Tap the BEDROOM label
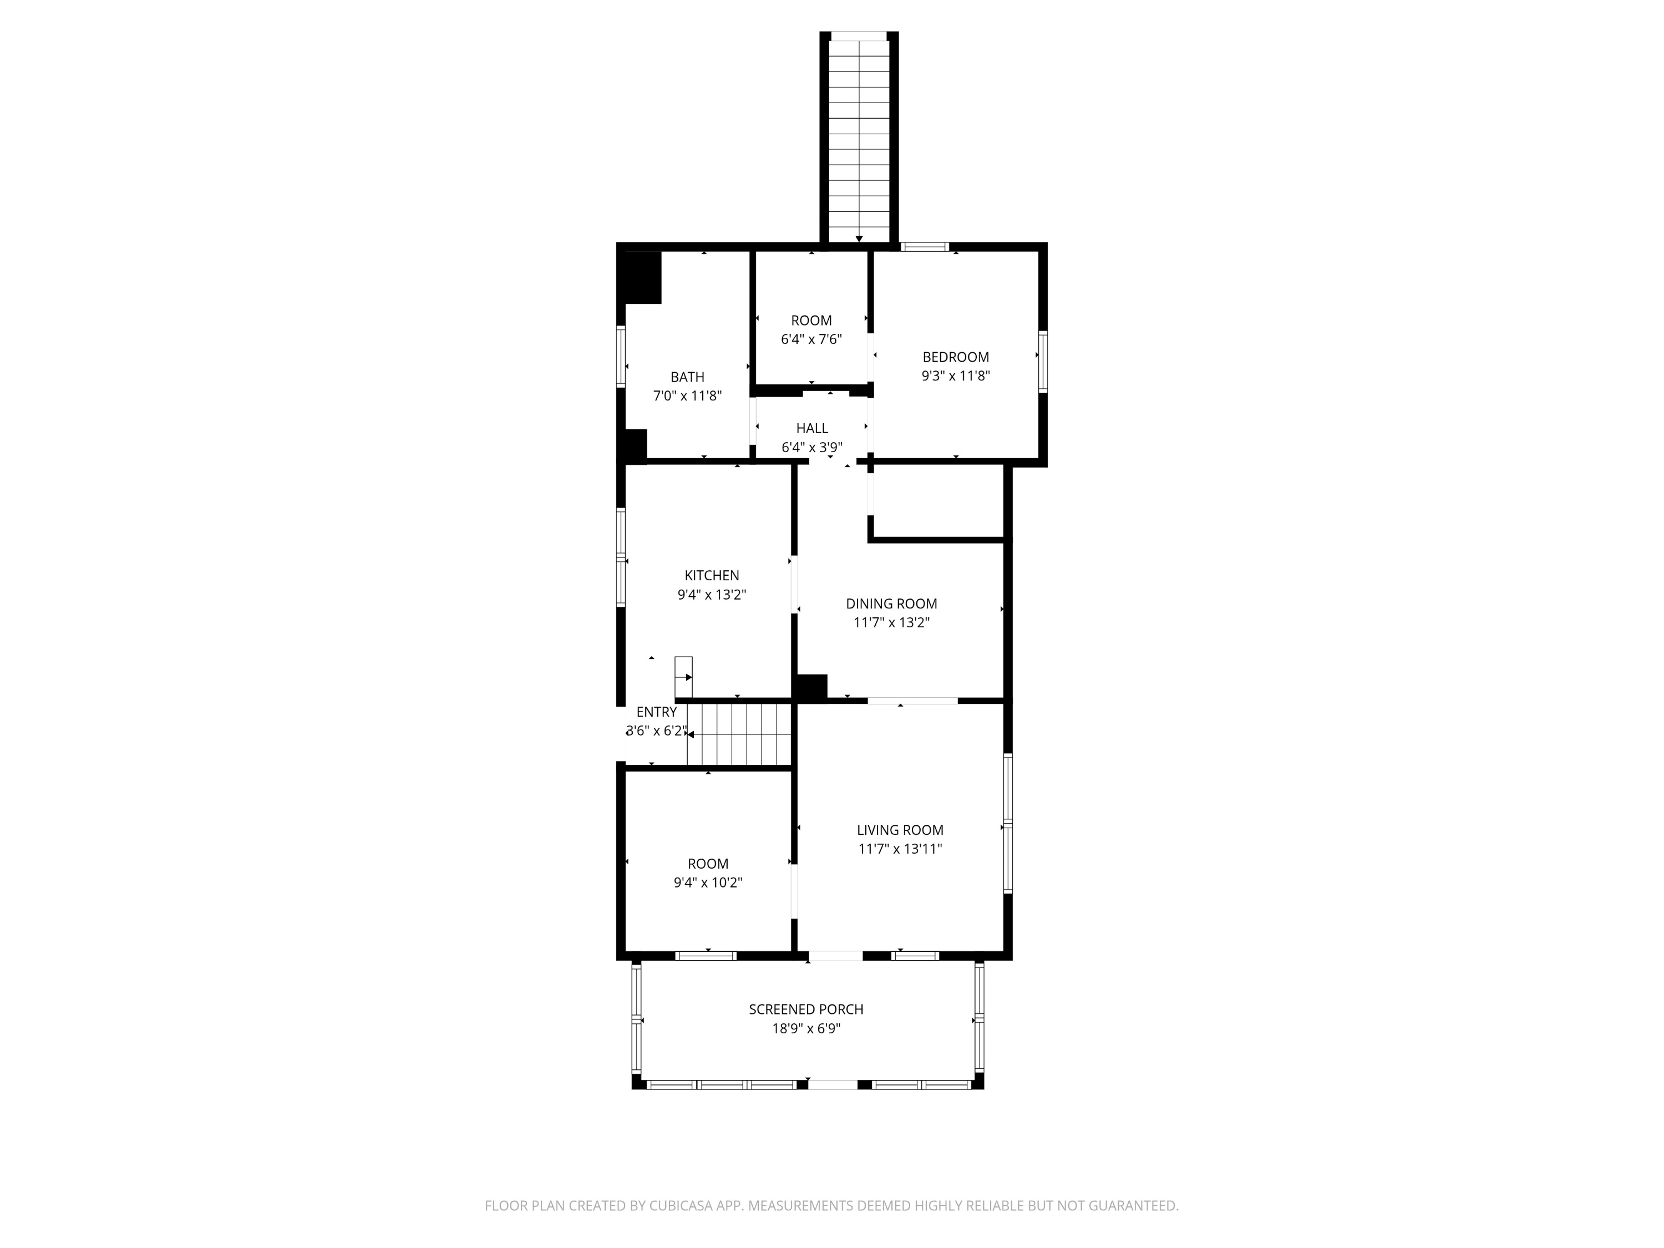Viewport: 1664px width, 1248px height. pyautogui.click(x=955, y=357)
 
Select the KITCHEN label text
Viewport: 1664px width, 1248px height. pyautogui.click(x=711, y=576)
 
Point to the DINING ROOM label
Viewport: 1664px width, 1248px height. pyautogui.click(x=891, y=603)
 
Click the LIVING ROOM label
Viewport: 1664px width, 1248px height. pyautogui.click(x=900, y=830)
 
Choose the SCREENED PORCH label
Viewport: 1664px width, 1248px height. pyautogui.click(x=806, y=1009)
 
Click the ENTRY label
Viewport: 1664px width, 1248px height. pyautogui.click(x=656, y=712)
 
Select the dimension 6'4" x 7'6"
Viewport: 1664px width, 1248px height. pyautogui.click(x=811, y=339)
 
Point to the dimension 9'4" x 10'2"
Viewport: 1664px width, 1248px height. pyautogui.click(x=707, y=882)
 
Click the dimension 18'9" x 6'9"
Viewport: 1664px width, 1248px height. pyautogui.click(x=806, y=1028)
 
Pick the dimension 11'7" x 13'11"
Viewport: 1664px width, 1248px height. pyautogui.click(x=900, y=849)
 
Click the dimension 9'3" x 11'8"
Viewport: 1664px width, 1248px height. pyautogui.click(x=955, y=376)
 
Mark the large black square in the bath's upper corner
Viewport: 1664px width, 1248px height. pyautogui.click(x=642, y=277)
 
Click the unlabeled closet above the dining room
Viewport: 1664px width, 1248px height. pyautogui.click(x=938, y=500)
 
